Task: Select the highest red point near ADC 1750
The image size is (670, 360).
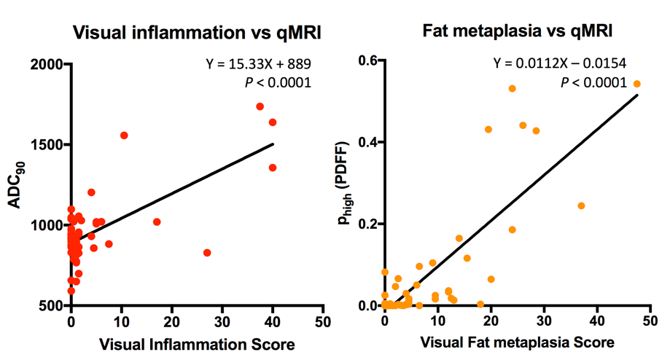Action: pos(260,106)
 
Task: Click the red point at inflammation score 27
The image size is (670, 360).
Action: pos(207,253)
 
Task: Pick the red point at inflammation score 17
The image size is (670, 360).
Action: pos(157,222)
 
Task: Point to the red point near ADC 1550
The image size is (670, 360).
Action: pos(124,136)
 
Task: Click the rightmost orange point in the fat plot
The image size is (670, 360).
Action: pos(636,84)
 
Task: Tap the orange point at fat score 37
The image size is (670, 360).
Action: pos(581,206)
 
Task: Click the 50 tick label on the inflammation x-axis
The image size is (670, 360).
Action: pos(324,320)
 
